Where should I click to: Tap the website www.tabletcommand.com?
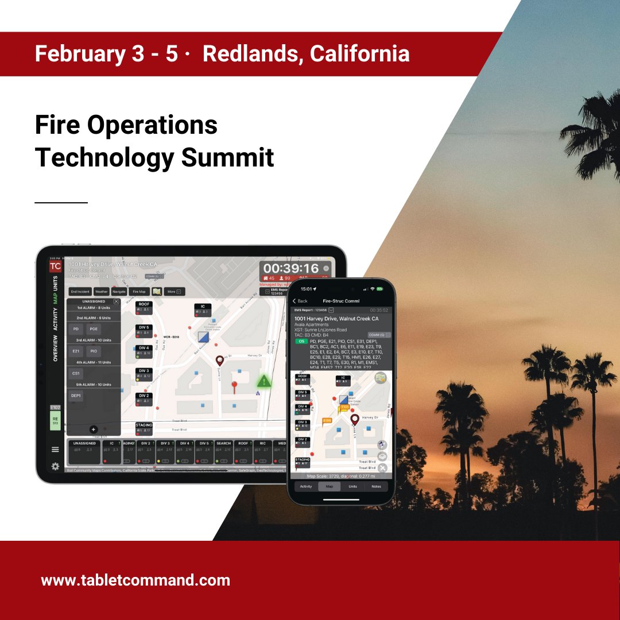pos(135,580)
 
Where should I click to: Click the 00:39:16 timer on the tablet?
pos(291,269)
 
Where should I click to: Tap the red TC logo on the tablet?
pos(55,266)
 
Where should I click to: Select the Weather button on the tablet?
pos(101,292)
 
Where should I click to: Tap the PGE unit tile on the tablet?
pos(94,329)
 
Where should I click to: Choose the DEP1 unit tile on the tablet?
pos(76,396)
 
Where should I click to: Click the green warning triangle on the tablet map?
pos(264,381)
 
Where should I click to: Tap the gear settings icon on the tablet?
pos(55,466)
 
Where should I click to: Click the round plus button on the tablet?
pos(94,429)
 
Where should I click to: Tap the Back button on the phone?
pos(300,301)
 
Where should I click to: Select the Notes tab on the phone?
pos(376,486)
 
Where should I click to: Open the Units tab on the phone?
pos(352,486)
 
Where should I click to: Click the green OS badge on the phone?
pos(301,341)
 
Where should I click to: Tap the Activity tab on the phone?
pos(306,486)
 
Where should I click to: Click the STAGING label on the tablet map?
pos(144,425)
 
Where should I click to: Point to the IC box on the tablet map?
pos(202,307)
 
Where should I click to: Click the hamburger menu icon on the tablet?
pos(55,449)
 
